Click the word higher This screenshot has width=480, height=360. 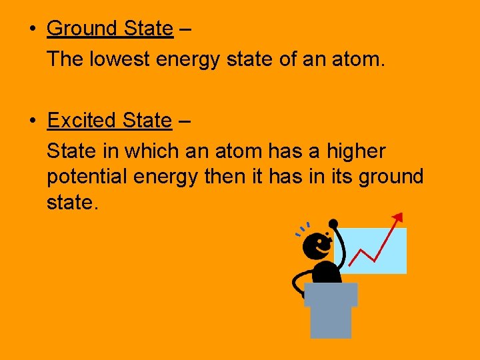point(355,152)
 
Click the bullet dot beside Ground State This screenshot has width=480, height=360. point(32,29)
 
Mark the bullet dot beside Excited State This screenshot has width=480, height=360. point(32,121)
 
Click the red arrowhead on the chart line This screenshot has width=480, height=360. point(398,217)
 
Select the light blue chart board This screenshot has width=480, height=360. point(377,257)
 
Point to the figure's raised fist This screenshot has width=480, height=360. point(333,224)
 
